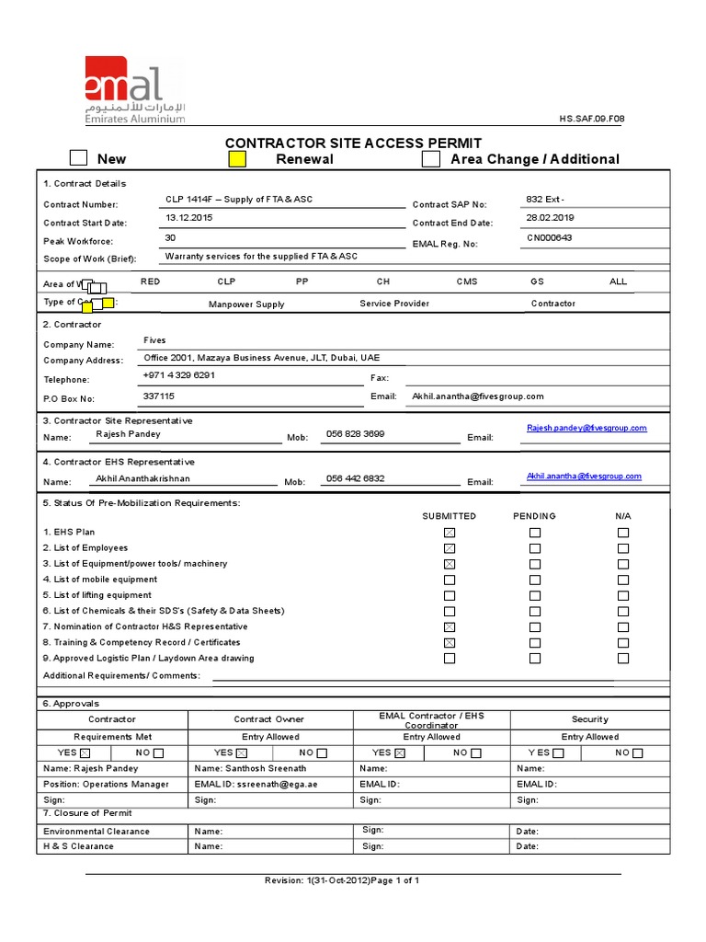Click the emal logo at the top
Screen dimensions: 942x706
(x=134, y=88)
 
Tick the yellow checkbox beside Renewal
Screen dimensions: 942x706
(x=237, y=159)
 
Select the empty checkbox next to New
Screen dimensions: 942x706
(x=79, y=159)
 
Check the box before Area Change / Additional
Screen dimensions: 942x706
(x=430, y=159)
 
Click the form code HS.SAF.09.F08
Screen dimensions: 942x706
(x=592, y=120)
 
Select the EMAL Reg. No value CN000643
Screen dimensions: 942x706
(x=549, y=237)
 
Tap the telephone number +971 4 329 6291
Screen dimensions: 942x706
(x=179, y=375)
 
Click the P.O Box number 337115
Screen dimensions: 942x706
(x=158, y=396)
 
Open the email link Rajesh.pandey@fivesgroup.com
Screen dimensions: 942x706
(x=586, y=428)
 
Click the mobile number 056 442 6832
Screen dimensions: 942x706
(x=355, y=478)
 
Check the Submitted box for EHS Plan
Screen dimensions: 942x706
(x=450, y=533)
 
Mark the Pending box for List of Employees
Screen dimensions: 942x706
(x=535, y=548)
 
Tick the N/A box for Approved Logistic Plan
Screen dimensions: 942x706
(x=623, y=659)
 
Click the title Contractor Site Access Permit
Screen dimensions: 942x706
(x=353, y=143)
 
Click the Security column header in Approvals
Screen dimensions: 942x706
(x=589, y=719)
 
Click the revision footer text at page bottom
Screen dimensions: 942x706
(x=342, y=880)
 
